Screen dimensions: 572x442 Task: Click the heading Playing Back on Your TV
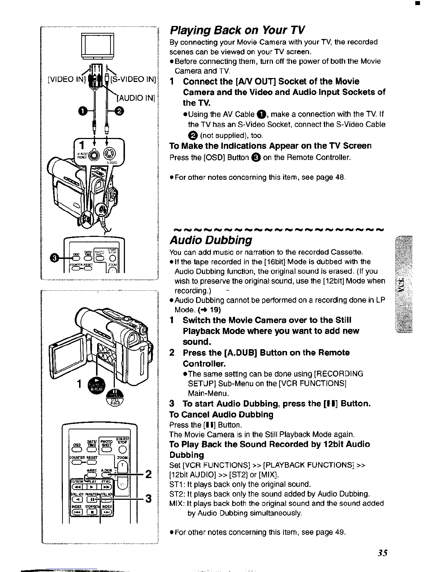point(237,30)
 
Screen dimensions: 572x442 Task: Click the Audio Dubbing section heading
point(211,240)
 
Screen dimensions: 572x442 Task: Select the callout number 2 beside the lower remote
point(147,474)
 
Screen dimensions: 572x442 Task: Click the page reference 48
point(340,177)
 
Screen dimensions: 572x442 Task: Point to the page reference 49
point(340,532)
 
